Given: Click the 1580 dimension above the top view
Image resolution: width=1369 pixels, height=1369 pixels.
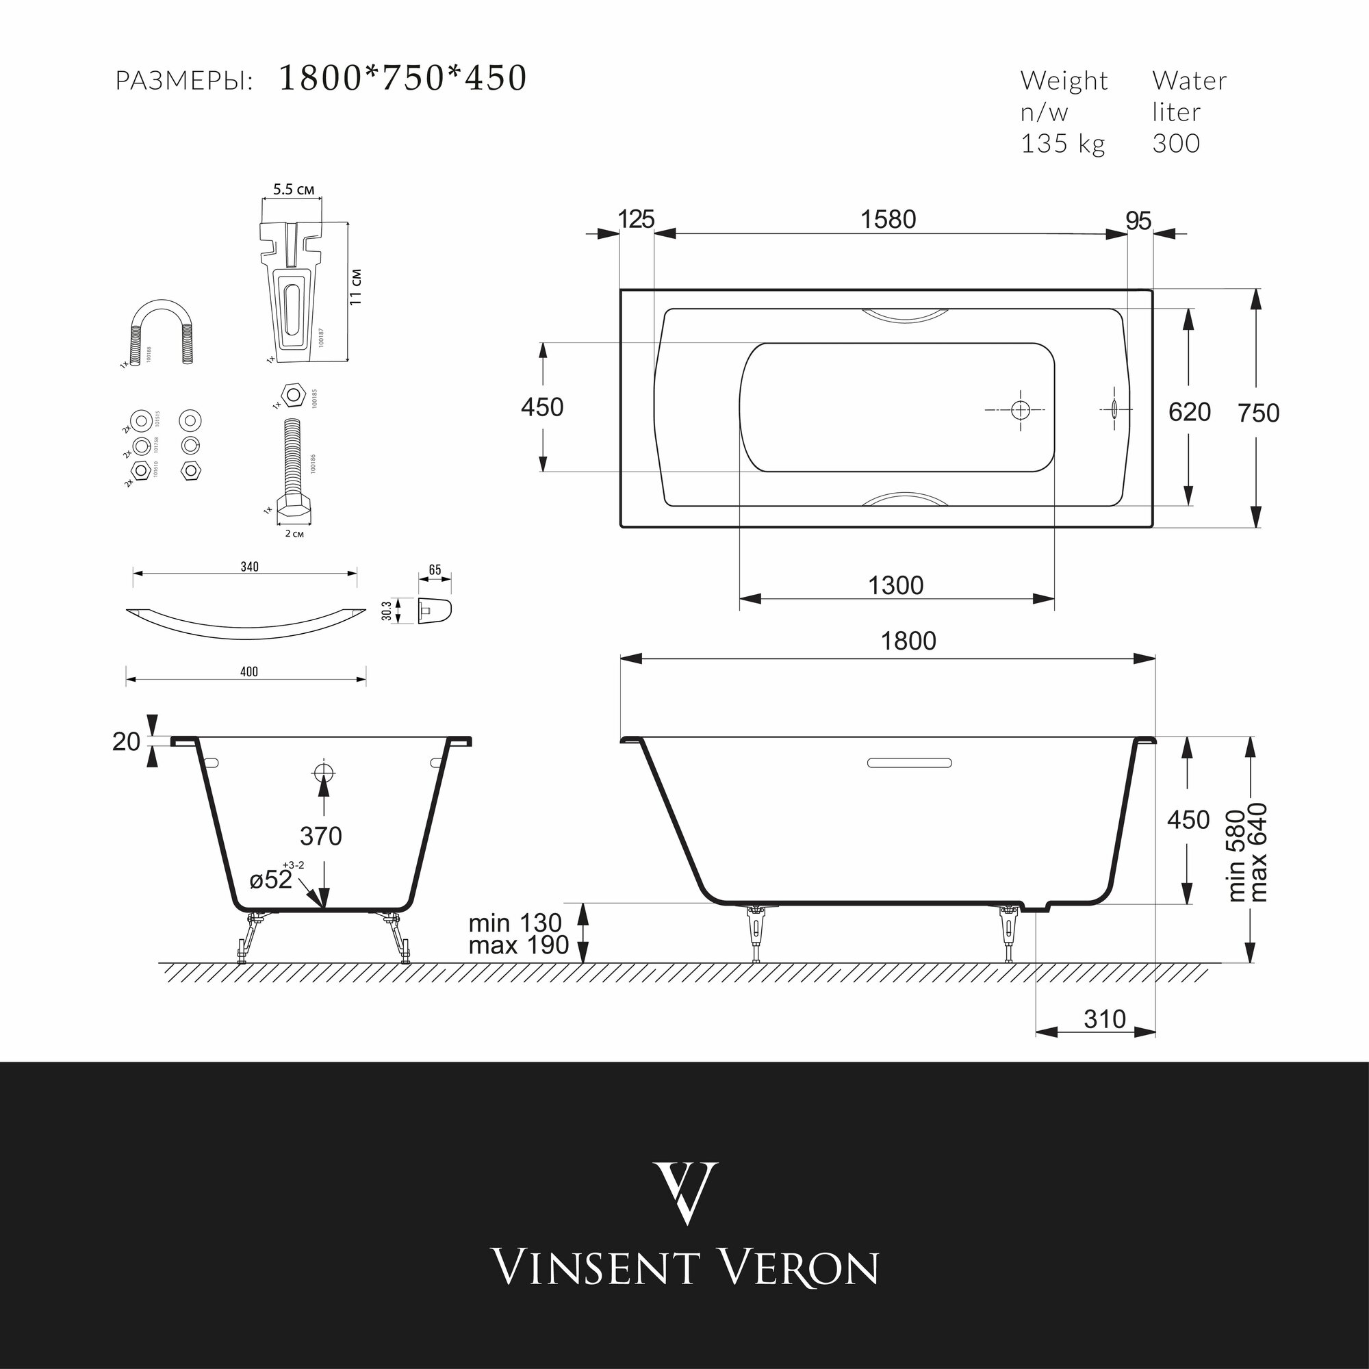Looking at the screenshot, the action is pyautogui.click(x=888, y=220).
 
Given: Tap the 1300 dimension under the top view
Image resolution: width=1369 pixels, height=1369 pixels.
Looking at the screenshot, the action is pyautogui.click(x=895, y=585).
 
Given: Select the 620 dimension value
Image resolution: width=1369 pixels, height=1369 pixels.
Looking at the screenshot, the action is pyautogui.click(x=1190, y=411).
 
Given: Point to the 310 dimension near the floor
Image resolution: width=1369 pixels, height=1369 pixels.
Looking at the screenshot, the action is pyautogui.click(x=1105, y=1019).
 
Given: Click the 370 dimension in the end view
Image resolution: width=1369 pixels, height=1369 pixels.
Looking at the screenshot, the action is pyautogui.click(x=321, y=836).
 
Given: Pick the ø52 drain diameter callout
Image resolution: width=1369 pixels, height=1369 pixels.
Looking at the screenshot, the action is pyautogui.click(x=271, y=880).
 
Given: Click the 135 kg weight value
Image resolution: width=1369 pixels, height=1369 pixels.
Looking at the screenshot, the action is pyautogui.click(x=1062, y=144).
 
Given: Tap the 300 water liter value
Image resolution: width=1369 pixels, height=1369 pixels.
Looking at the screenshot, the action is pyautogui.click(x=1176, y=144).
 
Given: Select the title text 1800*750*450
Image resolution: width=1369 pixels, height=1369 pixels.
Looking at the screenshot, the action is pyautogui.click(x=402, y=78).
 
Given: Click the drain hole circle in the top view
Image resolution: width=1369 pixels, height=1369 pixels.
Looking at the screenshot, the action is pyautogui.click(x=1021, y=409).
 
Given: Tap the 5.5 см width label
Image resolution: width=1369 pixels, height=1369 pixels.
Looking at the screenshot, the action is pyautogui.click(x=294, y=190).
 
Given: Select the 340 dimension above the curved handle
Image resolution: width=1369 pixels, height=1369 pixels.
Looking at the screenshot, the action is pyautogui.click(x=249, y=567).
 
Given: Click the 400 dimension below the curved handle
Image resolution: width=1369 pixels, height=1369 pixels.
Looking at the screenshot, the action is pyautogui.click(x=248, y=671).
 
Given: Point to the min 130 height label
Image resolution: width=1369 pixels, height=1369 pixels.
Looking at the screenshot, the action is pyautogui.click(x=515, y=923).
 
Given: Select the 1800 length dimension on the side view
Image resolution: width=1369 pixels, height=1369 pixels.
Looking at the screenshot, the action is pyautogui.click(x=908, y=641).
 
